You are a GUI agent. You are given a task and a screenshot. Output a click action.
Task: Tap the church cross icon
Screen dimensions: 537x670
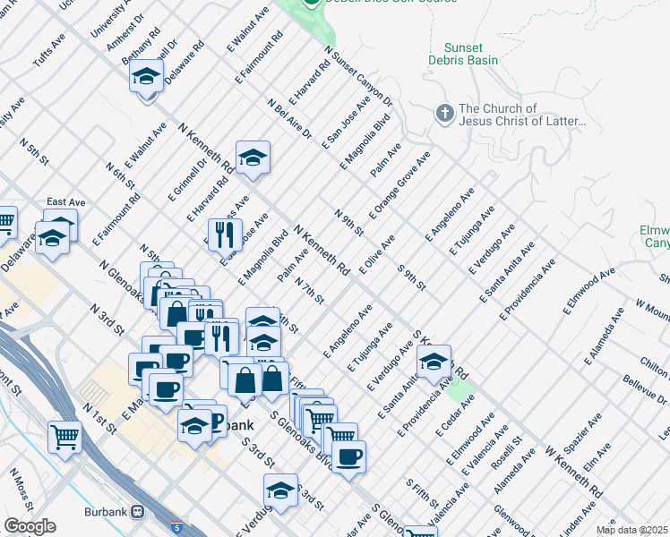[x=443, y=114]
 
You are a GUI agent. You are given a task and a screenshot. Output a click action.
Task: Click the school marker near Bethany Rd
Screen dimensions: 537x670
[x=146, y=78]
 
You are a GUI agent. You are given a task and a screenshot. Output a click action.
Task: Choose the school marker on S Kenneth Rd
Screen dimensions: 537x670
[x=434, y=362]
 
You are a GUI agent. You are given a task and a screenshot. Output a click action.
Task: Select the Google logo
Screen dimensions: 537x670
[x=30, y=526]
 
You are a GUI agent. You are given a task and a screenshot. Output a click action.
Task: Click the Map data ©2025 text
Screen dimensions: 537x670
[x=632, y=530]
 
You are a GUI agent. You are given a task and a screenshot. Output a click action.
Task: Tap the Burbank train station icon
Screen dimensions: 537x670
[x=137, y=512]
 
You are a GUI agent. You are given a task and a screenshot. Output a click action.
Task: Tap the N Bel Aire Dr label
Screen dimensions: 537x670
[x=289, y=119]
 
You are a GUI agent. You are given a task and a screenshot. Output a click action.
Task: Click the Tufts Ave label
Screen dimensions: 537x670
[x=49, y=52]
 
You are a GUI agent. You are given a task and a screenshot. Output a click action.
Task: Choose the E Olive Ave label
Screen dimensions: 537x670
[x=376, y=255]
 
